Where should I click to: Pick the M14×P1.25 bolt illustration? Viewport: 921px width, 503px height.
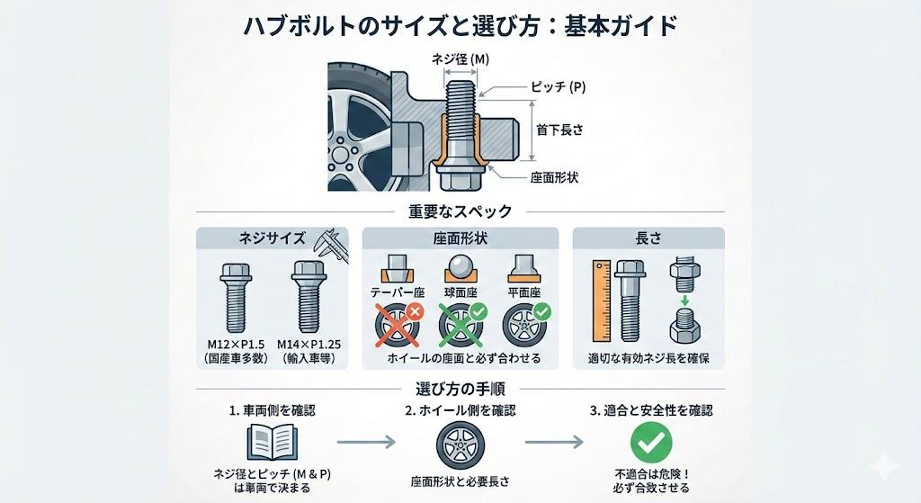(304, 298)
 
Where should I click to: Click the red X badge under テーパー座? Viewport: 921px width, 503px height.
(416, 310)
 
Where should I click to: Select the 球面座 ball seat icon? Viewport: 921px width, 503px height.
(460, 267)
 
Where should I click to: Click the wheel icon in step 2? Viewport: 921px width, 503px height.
(460, 445)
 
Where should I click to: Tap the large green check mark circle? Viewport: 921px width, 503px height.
(652, 443)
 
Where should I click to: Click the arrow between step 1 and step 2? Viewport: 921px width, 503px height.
(365, 442)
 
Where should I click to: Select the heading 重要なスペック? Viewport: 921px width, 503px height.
(460, 211)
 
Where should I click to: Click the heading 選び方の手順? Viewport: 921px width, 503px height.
(460, 389)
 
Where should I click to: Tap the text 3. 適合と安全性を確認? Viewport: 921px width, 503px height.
(651, 410)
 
